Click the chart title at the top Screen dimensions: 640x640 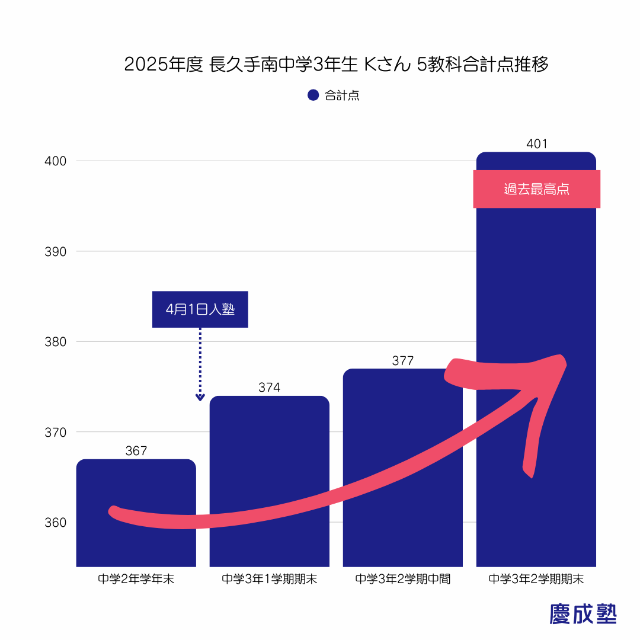point(336,65)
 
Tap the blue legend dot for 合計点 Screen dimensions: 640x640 point(313,95)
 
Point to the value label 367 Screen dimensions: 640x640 point(136,451)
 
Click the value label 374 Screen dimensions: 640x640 point(269,388)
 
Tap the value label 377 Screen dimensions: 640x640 point(402,360)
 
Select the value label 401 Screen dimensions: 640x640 point(536,143)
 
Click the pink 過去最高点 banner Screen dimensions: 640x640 point(536,189)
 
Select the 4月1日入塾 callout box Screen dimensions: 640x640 point(200,309)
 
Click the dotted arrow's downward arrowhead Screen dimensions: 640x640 point(200,397)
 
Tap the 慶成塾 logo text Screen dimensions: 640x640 point(583,614)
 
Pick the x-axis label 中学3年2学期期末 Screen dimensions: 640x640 point(536,579)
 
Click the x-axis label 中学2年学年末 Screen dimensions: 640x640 point(136,579)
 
